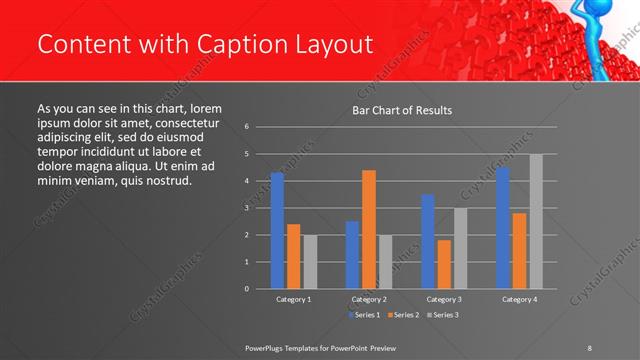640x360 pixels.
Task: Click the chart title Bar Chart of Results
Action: pos(402,110)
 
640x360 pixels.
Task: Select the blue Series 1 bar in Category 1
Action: pos(277,230)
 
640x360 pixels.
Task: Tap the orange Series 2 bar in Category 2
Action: pos(369,229)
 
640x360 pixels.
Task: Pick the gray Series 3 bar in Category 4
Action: pos(536,221)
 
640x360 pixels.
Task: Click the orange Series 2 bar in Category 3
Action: pos(444,264)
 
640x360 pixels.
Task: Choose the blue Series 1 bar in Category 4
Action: pos(503,227)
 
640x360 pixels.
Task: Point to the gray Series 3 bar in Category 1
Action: pos(310,261)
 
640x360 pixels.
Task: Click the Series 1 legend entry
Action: pos(363,315)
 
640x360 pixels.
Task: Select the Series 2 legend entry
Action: pos(402,315)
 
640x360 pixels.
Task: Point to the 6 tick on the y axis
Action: pos(246,127)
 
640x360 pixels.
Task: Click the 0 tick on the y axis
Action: pos(246,289)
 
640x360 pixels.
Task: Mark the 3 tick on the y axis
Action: pos(246,208)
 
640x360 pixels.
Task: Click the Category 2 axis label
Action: pos(369,299)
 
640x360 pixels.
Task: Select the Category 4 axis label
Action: pos(519,299)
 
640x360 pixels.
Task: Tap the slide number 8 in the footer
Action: pos(590,347)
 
